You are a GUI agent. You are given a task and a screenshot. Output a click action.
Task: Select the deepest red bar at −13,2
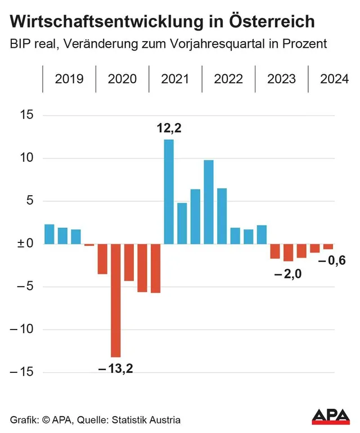coord(115,300)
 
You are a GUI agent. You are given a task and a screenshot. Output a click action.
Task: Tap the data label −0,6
coord(332,260)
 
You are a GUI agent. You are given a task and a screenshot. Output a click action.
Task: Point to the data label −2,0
coord(287,274)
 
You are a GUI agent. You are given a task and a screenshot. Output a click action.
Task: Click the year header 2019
coord(69,79)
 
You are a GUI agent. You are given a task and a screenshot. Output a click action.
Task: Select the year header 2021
coord(175,79)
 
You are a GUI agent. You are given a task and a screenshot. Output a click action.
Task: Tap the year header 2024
coord(334,79)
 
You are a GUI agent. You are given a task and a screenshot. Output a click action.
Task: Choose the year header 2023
coord(281,79)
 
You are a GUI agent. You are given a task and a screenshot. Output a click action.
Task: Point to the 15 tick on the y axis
coord(26,115)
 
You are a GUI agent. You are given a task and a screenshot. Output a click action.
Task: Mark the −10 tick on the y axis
coord(22,330)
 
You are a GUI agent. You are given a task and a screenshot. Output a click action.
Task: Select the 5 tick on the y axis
coord(29,201)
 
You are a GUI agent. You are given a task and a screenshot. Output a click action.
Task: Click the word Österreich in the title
coord(273,22)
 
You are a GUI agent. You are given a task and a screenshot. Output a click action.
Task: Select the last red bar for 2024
coord(328,247)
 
